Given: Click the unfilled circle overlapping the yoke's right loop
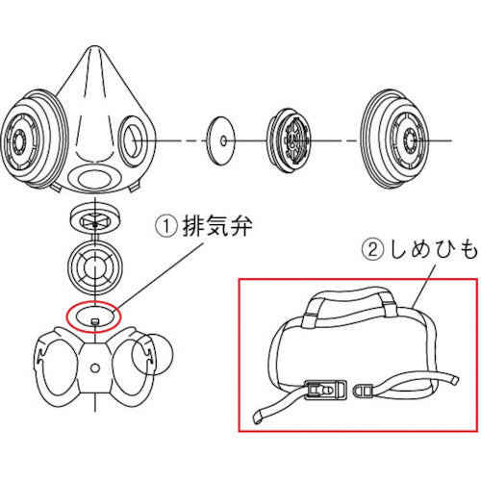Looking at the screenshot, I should coord(158,356).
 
